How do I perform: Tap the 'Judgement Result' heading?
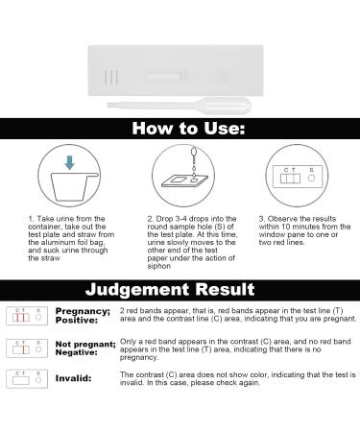[x=180, y=289]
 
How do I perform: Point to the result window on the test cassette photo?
[x=174, y=72]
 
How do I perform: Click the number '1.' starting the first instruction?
[x=31, y=219]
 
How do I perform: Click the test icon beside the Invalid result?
[x=26, y=379]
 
